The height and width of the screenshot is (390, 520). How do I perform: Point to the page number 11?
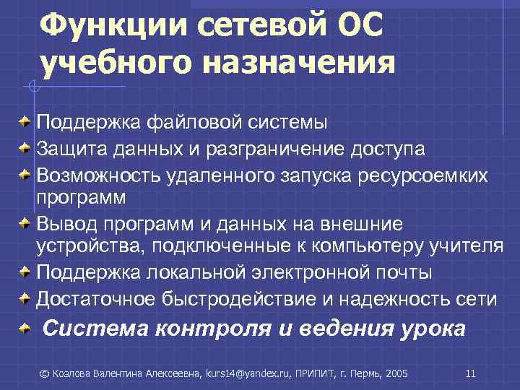[x=470, y=373]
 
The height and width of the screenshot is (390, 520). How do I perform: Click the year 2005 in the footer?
[x=396, y=373]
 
